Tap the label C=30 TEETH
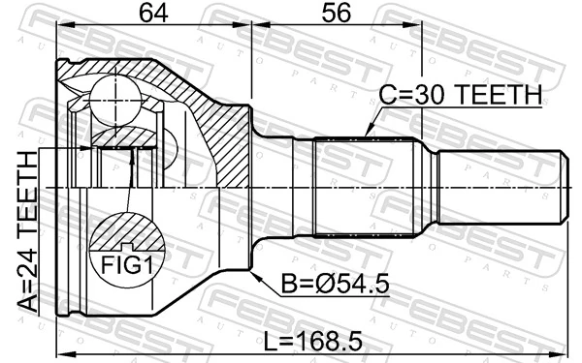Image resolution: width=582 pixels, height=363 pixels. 460,95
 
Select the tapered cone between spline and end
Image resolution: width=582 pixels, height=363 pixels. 427,183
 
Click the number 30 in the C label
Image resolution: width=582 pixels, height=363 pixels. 423,95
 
